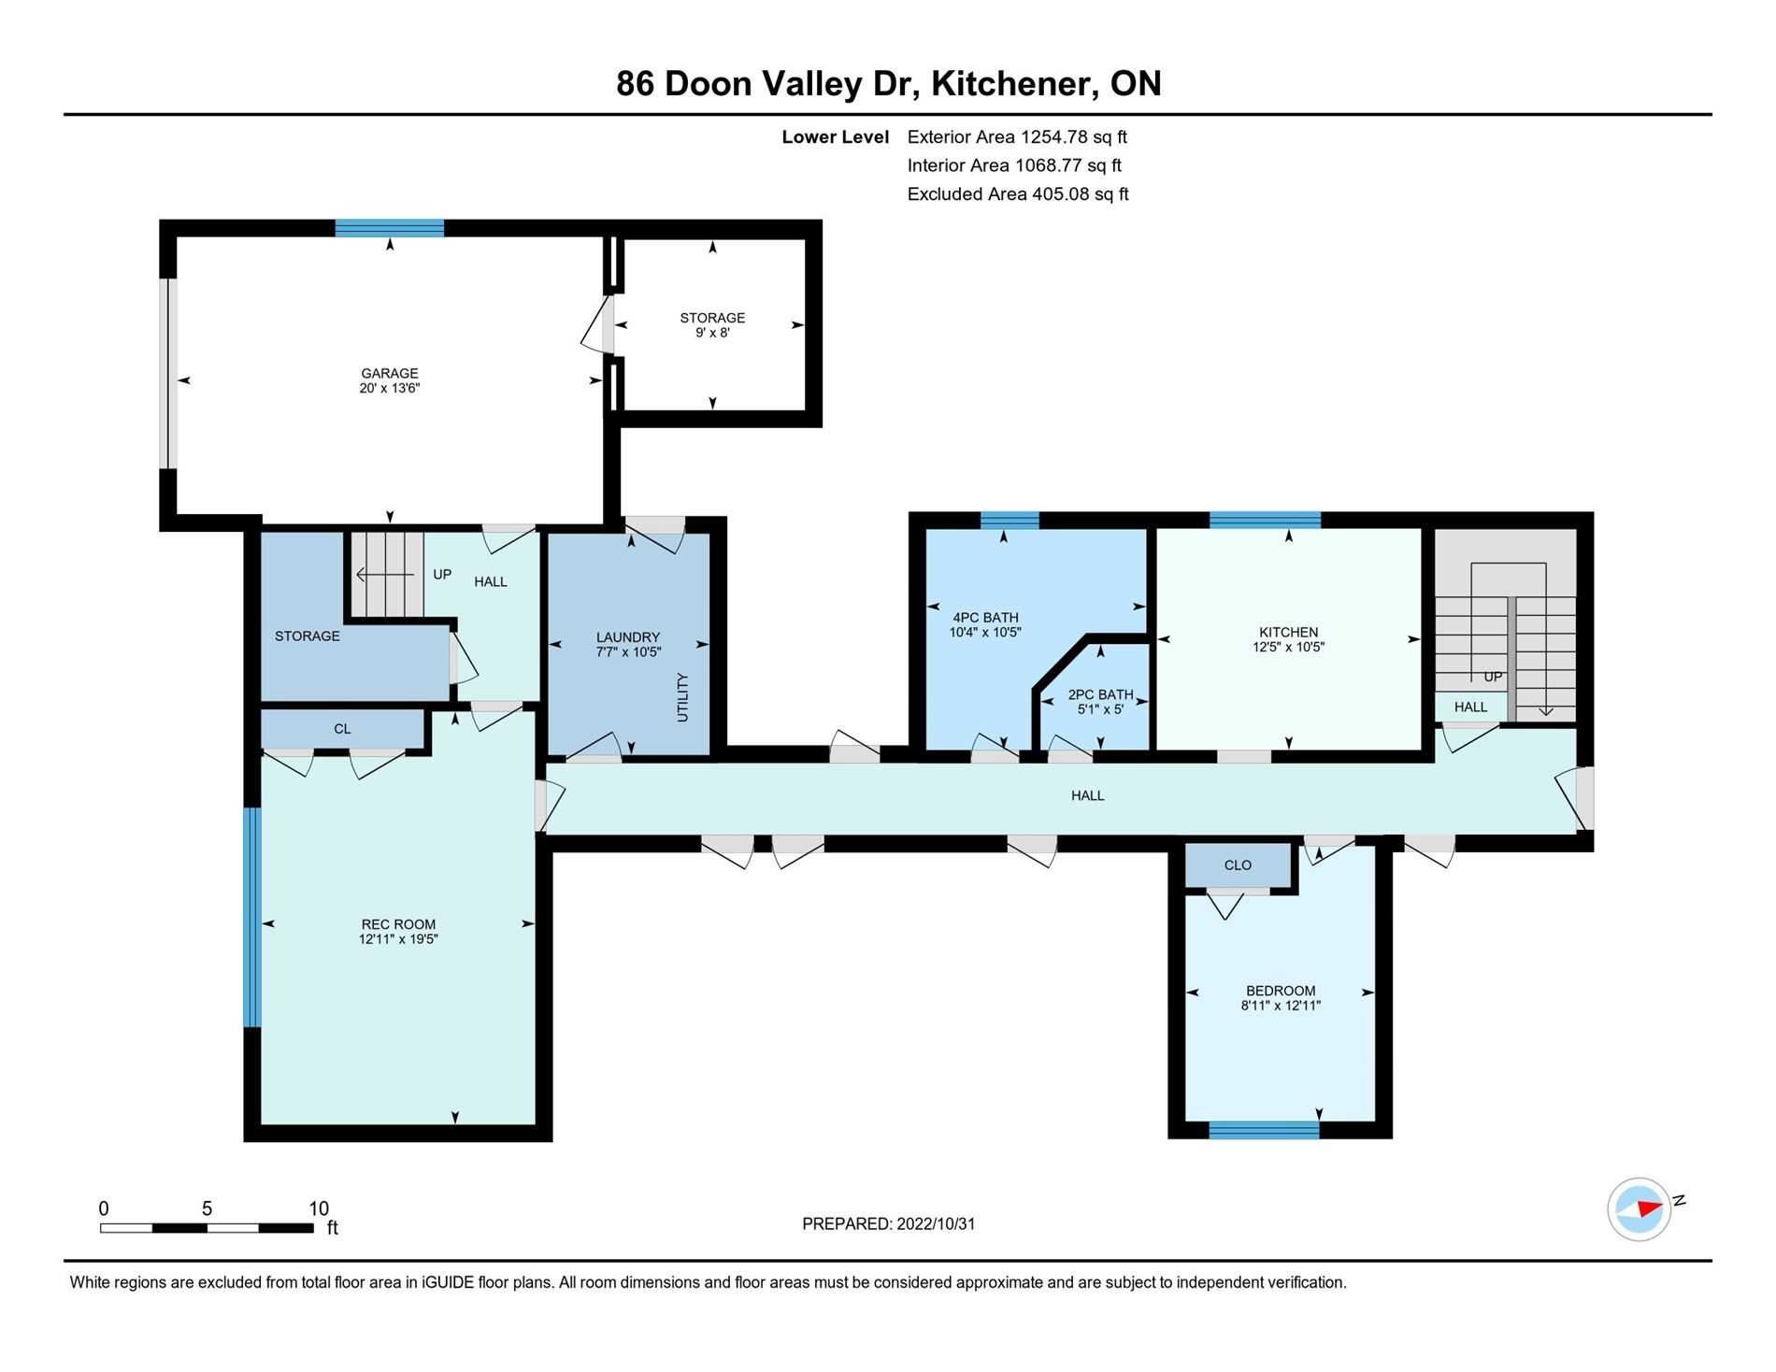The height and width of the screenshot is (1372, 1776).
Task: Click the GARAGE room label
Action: [x=390, y=373]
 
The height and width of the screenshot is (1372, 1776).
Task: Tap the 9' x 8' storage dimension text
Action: [x=712, y=333]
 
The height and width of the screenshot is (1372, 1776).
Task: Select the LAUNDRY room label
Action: [x=628, y=637]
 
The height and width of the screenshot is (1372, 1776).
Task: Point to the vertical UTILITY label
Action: [x=682, y=697]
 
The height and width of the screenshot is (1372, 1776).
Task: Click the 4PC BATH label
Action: [x=985, y=618]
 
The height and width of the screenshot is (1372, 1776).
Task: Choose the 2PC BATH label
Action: [x=1100, y=694]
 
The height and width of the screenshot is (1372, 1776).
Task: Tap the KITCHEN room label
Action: [x=1289, y=632]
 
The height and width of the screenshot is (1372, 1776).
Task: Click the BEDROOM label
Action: [x=1281, y=991]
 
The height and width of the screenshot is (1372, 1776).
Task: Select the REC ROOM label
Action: [x=398, y=924]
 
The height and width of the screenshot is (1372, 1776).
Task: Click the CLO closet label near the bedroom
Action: [x=1238, y=865]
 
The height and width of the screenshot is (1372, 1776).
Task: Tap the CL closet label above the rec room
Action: [x=342, y=729]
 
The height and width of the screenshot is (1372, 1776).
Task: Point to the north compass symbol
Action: [x=1640, y=1208]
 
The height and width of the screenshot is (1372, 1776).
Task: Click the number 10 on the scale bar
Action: [x=319, y=1208]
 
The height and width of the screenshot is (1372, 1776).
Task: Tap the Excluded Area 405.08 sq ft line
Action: [x=1018, y=194]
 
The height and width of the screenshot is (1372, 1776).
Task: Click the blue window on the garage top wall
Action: [x=390, y=228]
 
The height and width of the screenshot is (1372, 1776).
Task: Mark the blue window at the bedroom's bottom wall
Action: [x=1264, y=1130]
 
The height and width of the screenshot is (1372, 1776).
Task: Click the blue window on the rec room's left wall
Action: [x=252, y=917]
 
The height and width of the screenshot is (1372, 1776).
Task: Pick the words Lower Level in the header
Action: [x=836, y=137]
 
